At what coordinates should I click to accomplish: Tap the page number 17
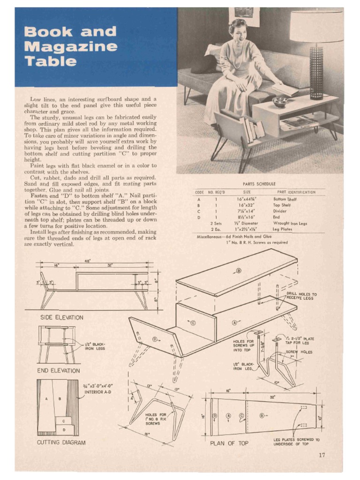322,454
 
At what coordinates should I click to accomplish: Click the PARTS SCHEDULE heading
259,184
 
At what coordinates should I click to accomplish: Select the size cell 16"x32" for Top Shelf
247,205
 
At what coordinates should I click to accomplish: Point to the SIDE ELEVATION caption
61,317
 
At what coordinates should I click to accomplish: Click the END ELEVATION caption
59,371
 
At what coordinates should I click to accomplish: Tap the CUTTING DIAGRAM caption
61,442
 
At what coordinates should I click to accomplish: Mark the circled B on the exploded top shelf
238,271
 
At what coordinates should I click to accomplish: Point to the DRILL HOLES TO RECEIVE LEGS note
301,296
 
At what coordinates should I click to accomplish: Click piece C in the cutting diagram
63,421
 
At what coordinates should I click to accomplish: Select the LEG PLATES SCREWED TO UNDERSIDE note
296,442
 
